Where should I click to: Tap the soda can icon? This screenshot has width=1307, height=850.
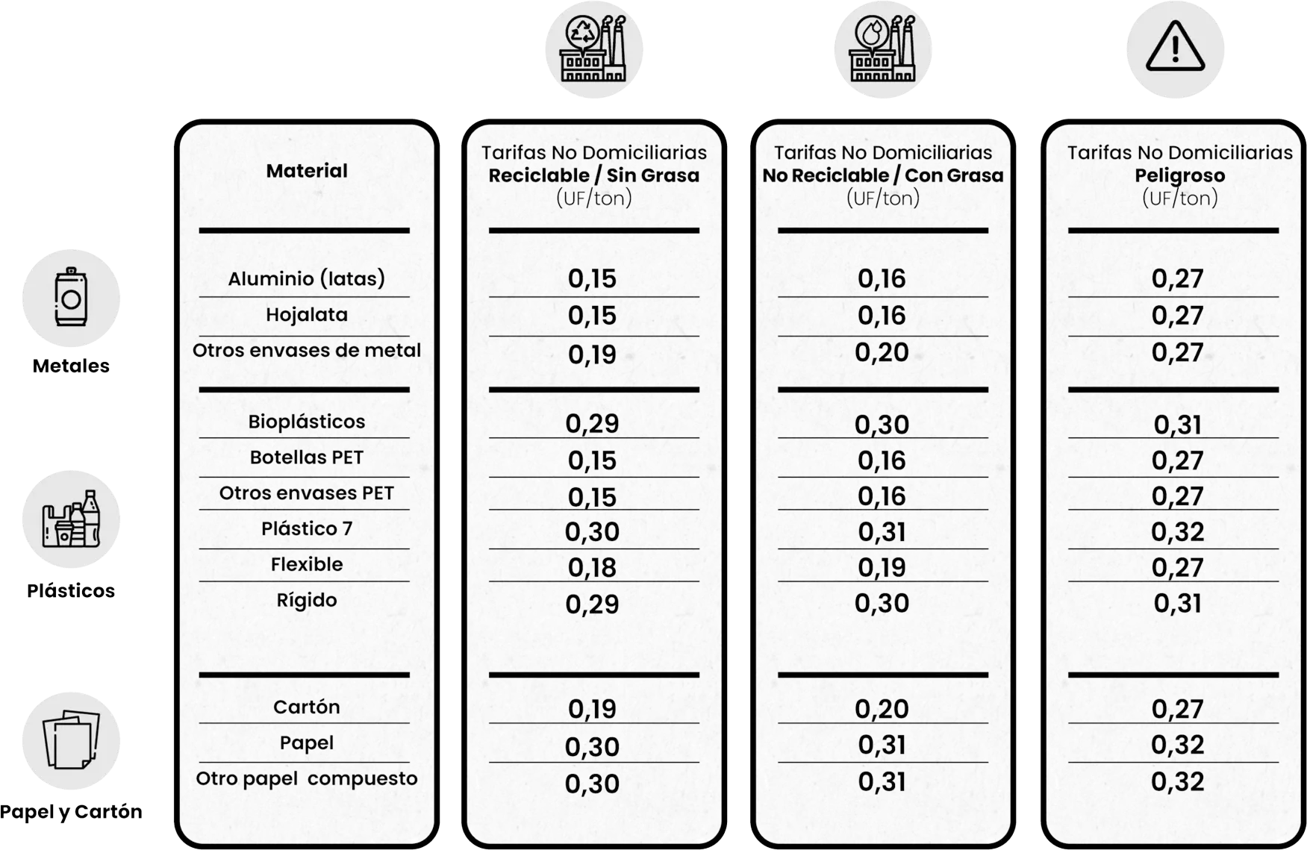pyautogui.click(x=71, y=298)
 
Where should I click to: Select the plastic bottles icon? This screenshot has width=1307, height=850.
pyautogui.click(x=71, y=519)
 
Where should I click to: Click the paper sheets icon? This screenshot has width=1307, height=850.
pyautogui.click(x=71, y=740)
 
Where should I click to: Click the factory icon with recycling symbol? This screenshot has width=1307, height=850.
pyautogui.click(x=593, y=49)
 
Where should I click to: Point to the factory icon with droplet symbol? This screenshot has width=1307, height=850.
pyautogui.click(x=882, y=49)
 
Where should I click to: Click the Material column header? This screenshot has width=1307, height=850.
pyautogui.click(x=307, y=171)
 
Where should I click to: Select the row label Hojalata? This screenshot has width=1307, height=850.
pyautogui.click(x=307, y=315)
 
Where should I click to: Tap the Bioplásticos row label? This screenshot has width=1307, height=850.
pyautogui.click(x=307, y=422)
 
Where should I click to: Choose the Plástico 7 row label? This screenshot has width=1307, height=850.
pyautogui.click(x=307, y=529)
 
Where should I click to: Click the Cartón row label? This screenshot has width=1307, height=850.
pyautogui.click(x=307, y=707)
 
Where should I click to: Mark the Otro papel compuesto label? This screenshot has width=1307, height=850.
pyautogui.click(x=307, y=779)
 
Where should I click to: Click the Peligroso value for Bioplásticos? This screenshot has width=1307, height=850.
pyautogui.click(x=1178, y=425)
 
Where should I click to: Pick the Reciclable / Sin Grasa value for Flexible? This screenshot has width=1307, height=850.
pyautogui.click(x=592, y=568)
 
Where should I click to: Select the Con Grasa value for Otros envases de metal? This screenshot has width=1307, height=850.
pyautogui.click(x=882, y=352)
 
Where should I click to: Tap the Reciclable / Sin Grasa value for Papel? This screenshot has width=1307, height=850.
pyautogui.click(x=592, y=746)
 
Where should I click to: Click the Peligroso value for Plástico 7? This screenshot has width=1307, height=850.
pyautogui.click(x=1178, y=532)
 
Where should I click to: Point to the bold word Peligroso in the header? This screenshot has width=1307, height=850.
pyautogui.click(x=1179, y=175)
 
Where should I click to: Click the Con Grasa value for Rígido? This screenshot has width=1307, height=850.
pyautogui.click(x=882, y=604)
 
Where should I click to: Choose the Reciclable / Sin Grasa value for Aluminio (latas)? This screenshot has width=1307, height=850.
pyautogui.click(x=592, y=279)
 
